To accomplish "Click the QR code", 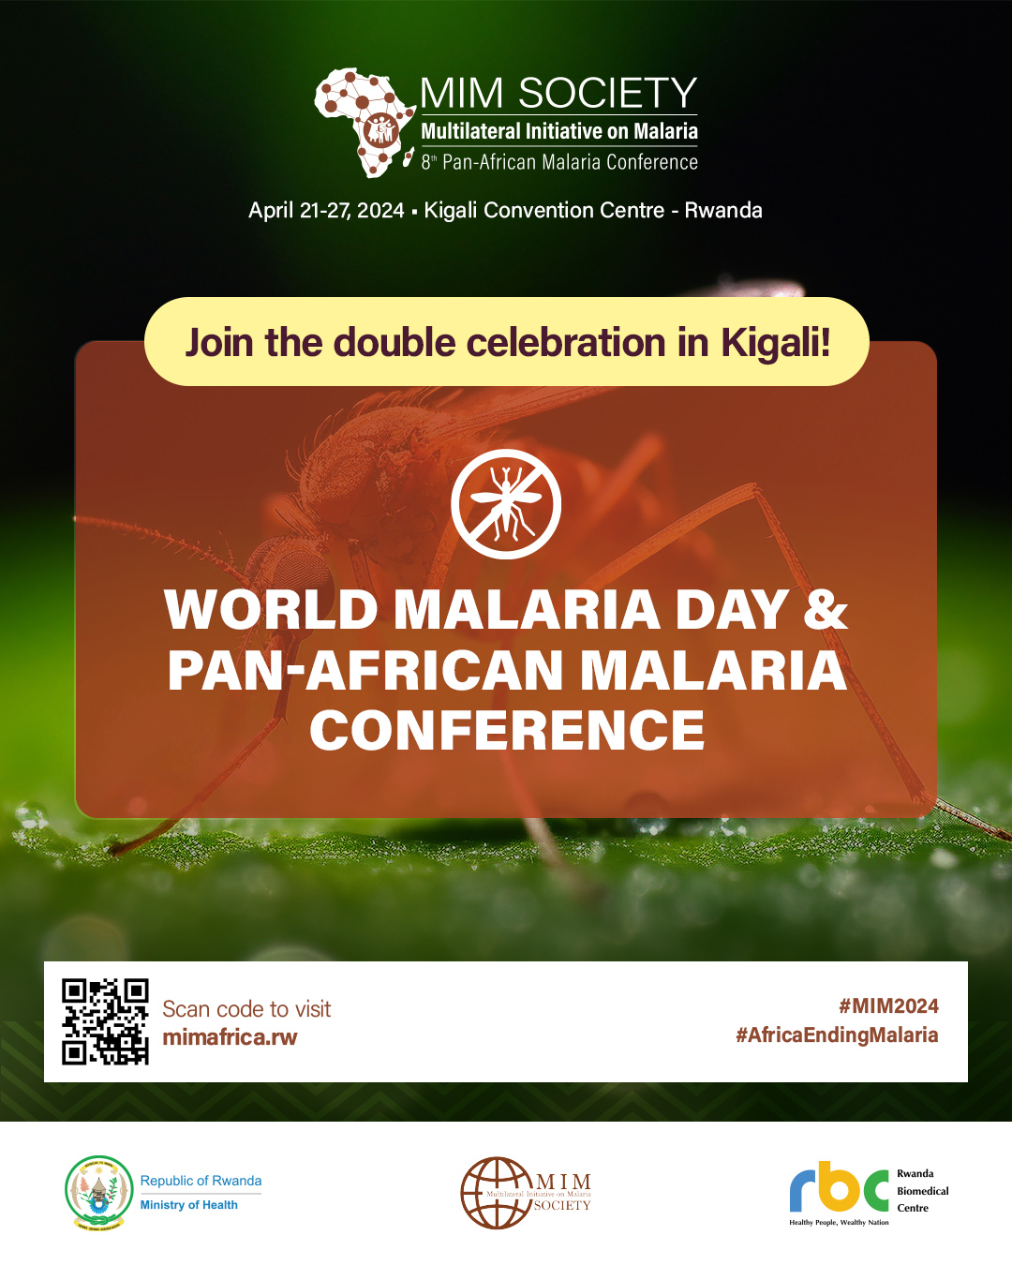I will pos(105,1021).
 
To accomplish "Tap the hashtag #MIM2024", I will pos(888,1006).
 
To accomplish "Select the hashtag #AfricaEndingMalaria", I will pos(837,1034).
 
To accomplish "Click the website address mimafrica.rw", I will pos(230,1037).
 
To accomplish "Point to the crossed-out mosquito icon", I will pos(506,504).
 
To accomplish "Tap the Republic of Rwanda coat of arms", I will pos(98,1192).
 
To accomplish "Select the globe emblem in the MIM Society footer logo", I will pos(496,1192).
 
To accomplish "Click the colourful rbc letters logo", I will pos(839,1188).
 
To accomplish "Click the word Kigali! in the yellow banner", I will pos(775,343).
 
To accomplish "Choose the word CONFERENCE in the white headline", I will pos(507,730).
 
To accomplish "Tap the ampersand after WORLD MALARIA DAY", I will pos(825,609).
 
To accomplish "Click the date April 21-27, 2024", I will pos(326,210).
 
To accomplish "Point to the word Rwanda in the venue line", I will pos(723,210).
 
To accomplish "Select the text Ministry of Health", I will pos(189,1205).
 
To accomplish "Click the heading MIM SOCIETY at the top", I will pos(558,93).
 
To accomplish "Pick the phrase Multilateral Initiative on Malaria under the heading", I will pos(559,131).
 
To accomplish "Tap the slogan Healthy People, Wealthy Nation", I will pos(839,1223).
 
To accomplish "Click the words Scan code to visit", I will pos(246,1009).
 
